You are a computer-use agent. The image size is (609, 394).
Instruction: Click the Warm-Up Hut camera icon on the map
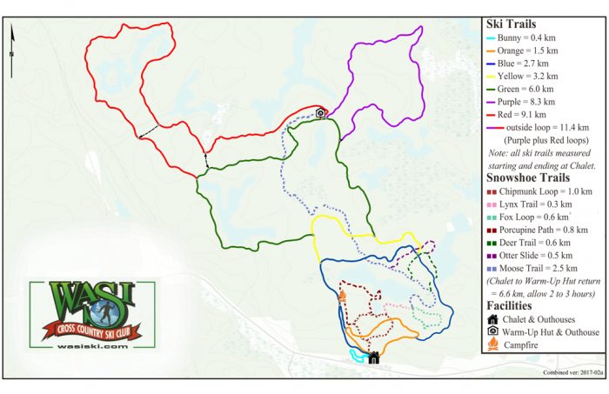tap(320, 113)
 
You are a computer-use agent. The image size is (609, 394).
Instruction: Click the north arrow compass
tap(13, 39)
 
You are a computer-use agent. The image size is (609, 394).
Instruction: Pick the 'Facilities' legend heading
tap(516, 305)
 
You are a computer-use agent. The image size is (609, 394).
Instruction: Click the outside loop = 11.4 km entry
tap(548, 127)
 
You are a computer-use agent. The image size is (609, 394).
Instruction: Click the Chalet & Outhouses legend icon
tap(492, 319)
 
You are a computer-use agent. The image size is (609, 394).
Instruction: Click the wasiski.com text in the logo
tap(84, 345)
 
